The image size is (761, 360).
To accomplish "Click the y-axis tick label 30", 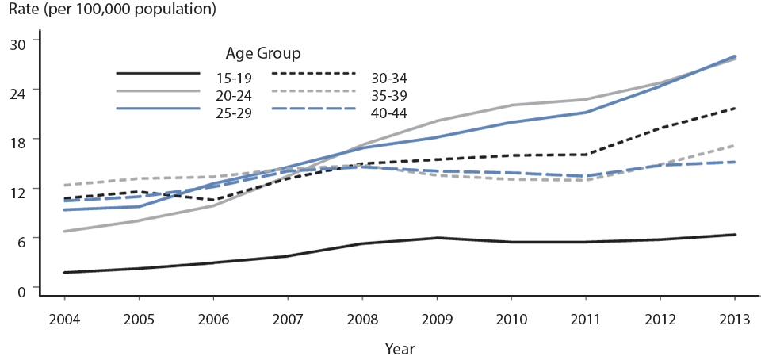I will pos(17,42).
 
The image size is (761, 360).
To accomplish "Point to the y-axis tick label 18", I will pos(17,141).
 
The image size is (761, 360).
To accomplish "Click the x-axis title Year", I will pos(400,347).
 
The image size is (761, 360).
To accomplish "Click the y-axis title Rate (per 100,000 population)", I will pos(112,11).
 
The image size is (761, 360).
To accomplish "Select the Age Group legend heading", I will pos(262,54).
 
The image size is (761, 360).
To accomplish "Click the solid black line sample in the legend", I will pos(157,75).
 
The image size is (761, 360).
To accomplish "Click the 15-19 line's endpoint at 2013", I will pos(735,235).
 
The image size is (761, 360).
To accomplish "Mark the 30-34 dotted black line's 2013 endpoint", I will pos(735,108).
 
